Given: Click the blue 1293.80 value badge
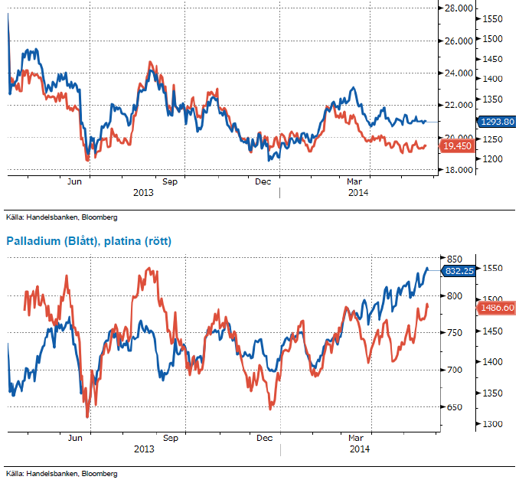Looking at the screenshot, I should coord(496,122).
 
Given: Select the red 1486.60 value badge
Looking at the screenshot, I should coord(498,307).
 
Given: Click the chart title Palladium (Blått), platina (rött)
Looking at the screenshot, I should coord(89,241).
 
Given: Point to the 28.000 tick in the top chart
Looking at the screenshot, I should coord(459,8).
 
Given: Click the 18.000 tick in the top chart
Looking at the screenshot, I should coord(459,170).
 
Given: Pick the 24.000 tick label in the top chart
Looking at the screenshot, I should coord(459,73).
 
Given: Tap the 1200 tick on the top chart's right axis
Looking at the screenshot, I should coord(494,159).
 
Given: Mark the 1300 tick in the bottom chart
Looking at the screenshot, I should coord(494,424).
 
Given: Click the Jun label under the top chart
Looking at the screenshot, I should coord(75,181).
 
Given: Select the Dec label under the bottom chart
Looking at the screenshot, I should coord(264,438).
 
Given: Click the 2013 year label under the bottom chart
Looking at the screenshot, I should coord(143,449).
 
